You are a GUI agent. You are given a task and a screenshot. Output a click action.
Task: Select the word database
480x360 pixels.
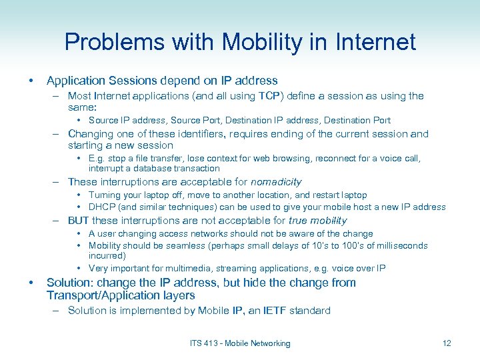[162, 168]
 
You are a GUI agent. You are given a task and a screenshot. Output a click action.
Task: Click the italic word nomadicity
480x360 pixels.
[275, 182]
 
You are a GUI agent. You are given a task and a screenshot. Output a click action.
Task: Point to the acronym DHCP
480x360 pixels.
[103, 207]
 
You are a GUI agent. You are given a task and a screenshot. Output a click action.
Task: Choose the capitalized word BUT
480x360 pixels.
[79, 221]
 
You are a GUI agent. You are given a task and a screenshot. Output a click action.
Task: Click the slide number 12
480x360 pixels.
[446, 343]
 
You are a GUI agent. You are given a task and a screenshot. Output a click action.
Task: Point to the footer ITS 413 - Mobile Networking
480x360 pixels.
[240, 343]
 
